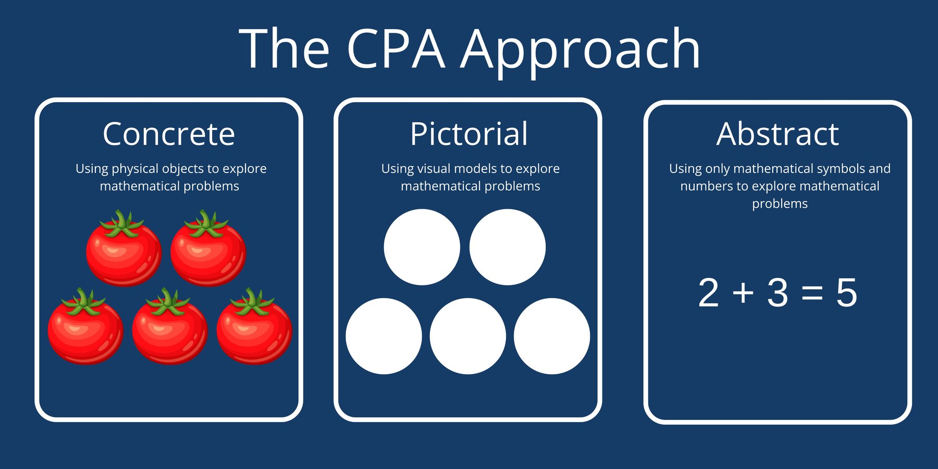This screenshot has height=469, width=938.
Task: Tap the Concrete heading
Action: (x=169, y=134)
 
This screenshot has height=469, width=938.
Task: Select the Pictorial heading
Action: (x=468, y=134)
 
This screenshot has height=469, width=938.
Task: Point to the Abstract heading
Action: (x=777, y=134)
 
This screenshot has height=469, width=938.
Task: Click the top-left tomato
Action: (x=124, y=253)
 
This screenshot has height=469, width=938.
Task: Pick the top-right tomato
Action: (x=208, y=253)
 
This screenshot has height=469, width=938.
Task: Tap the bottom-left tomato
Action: (x=85, y=330)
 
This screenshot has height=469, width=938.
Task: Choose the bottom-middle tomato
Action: (x=169, y=330)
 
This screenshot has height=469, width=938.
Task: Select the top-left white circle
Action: (x=422, y=247)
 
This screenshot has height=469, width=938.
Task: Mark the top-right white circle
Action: (x=507, y=247)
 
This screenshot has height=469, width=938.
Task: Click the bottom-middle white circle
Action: (x=467, y=336)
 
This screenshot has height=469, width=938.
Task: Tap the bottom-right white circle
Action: (x=551, y=336)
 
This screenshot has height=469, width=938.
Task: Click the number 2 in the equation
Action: (x=709, y=293)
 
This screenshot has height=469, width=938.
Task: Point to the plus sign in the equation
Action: (x=743, y=293)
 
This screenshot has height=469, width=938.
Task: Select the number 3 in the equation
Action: (x=777, y=293)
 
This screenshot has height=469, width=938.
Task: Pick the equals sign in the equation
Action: (x=812, y=293)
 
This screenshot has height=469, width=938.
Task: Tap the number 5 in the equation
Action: (x=846, y=293)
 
